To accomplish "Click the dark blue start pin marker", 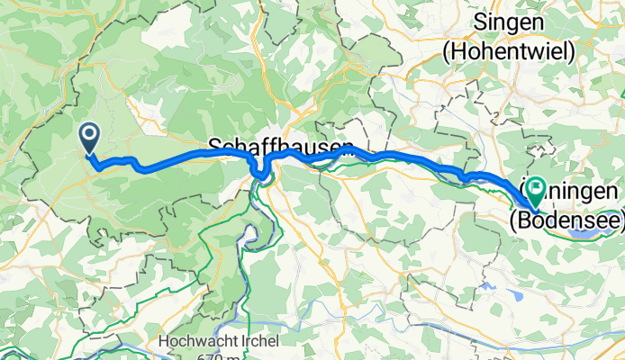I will click(x=90, y=138).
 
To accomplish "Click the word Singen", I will click(x=508, y=22).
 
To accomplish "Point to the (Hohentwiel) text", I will click(x=508, y=52).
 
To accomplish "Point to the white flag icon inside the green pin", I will click(x=537, y=188).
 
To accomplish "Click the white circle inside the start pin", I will click(x=90, y=135).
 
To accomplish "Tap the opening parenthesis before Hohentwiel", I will click(x=448, y=52).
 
